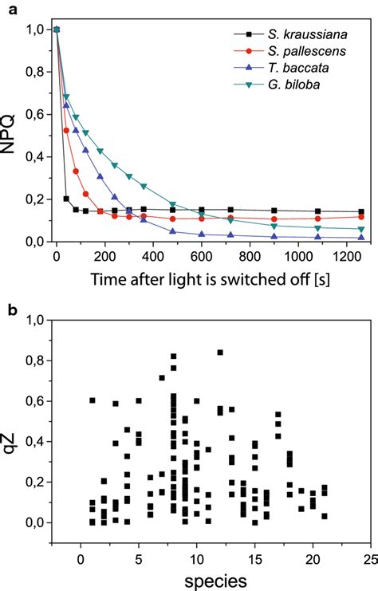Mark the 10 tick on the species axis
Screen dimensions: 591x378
click(x=196, y=557)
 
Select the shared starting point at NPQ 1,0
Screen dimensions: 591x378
click(x=56, y=30)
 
